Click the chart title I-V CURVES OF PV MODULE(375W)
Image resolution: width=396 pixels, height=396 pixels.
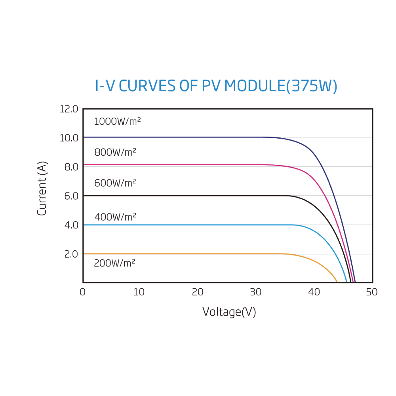(216, 86)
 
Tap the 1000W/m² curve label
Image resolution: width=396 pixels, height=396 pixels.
(117, 122)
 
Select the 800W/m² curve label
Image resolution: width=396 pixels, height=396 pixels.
(115, 152)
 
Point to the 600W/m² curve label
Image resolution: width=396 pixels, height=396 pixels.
(115, 183)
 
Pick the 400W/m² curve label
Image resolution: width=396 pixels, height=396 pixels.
(115, 217)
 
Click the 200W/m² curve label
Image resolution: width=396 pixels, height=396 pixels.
(114, 263)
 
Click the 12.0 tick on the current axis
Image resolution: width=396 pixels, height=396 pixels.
(69, 109)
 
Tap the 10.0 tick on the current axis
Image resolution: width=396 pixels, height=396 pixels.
(69, 138)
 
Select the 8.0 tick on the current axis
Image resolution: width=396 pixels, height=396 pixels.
(71, 167)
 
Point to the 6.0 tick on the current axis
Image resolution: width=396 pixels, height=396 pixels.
(71, 196)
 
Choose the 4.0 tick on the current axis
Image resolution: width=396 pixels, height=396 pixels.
(71, 225)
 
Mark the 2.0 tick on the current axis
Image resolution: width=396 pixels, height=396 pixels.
(71, 254)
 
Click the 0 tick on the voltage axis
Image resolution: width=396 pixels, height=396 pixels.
(82, 293)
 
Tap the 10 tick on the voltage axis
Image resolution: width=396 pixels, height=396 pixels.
(139, 293)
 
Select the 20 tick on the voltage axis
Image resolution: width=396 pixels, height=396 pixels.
(198, 293)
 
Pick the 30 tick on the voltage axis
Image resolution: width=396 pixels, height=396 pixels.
(256, 293)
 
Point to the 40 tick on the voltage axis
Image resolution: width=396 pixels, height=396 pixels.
(314, 293)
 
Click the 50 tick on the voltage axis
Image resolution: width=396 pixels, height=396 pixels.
(372, 293)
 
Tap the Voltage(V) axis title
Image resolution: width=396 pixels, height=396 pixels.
(229, 312)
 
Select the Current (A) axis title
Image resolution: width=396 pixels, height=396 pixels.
(42, 188)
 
